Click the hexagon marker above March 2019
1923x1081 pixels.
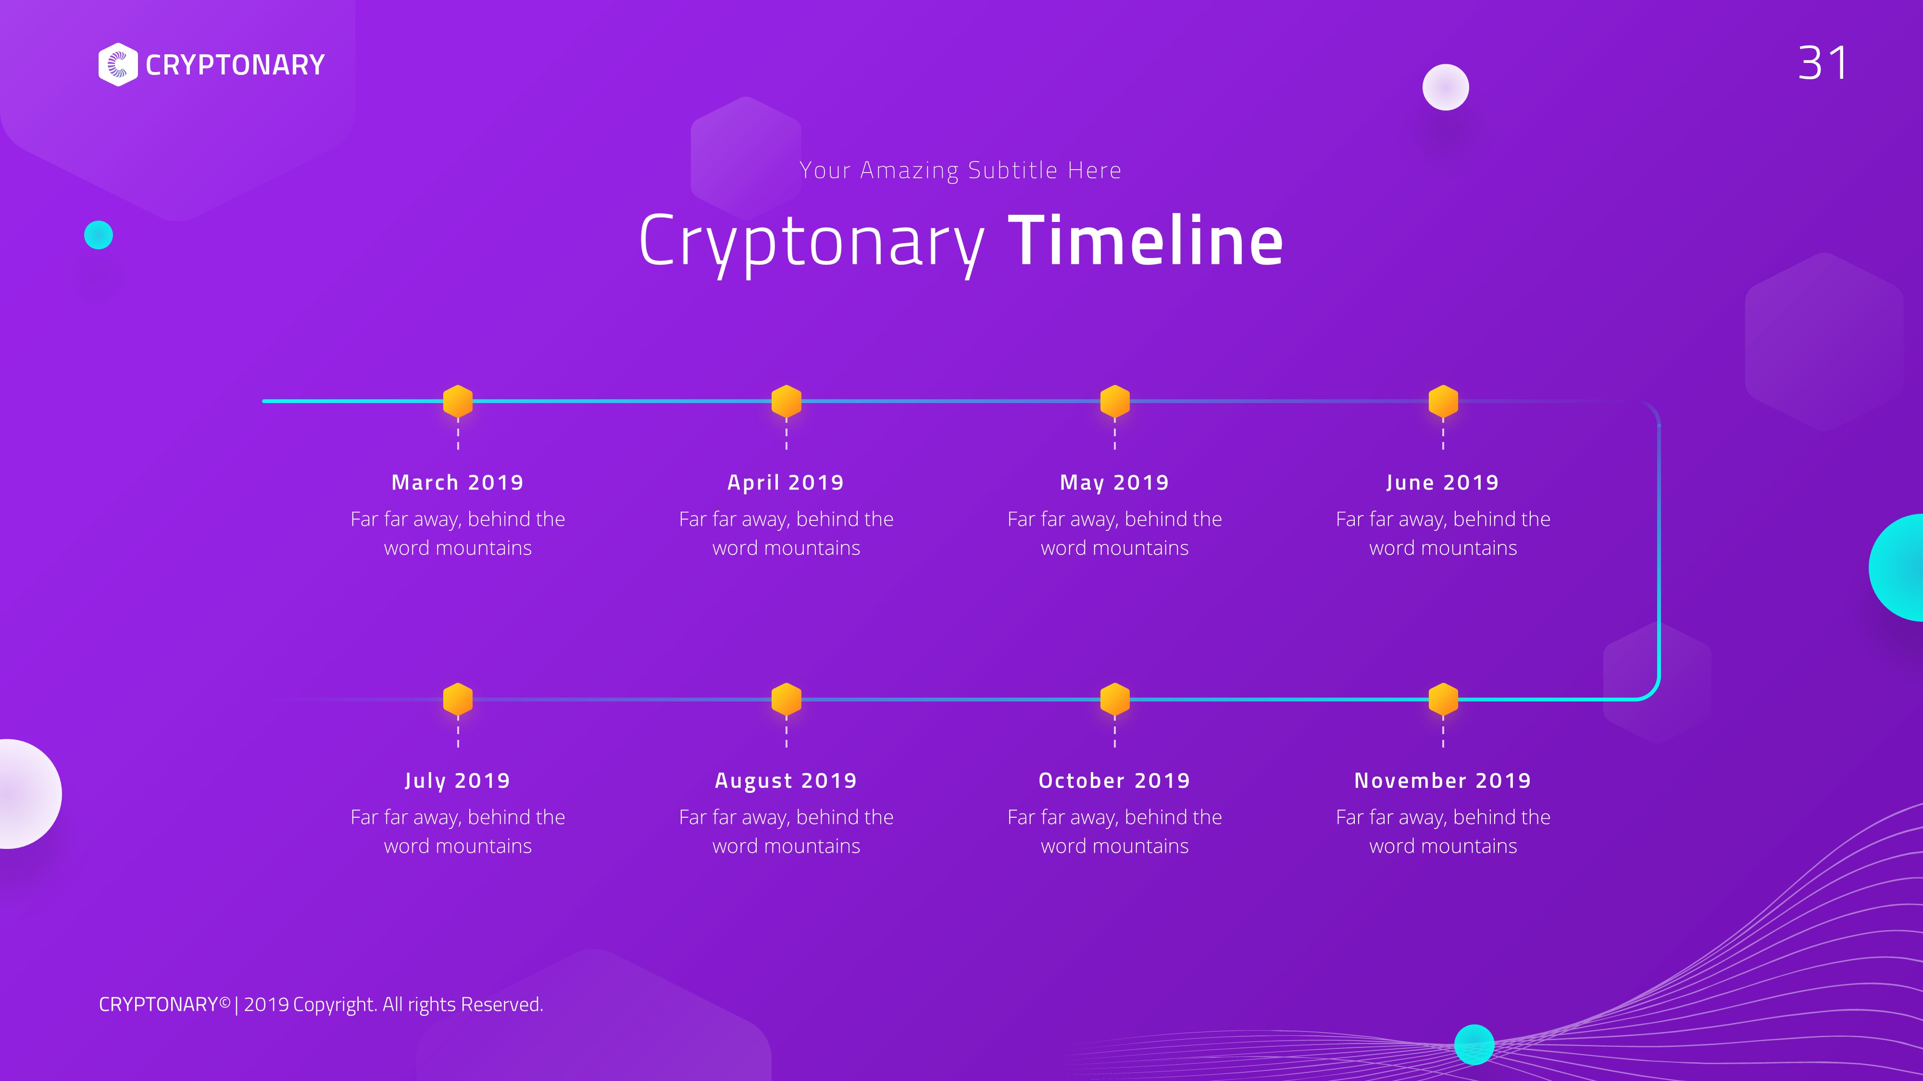458,401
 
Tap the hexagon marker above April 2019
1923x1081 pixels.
786,401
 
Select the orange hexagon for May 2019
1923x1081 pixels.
1114,401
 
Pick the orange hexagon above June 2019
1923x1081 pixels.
1443,401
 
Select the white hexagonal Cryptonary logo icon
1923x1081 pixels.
118,65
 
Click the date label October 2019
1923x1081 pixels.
1114,780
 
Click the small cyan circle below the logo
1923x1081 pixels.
99,235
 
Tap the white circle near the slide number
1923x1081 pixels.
1445,87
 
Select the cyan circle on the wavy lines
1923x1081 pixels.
1474,1044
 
